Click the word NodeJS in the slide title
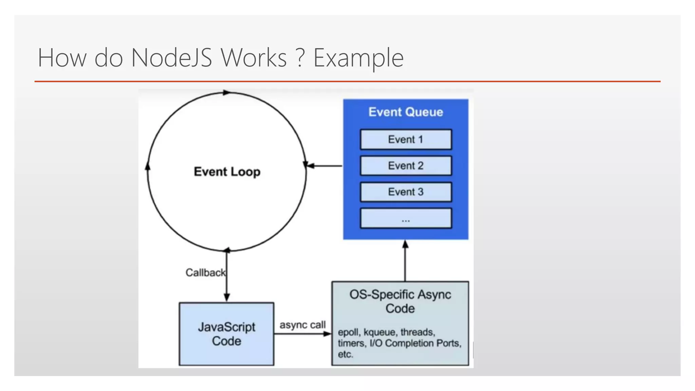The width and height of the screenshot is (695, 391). point(171,58)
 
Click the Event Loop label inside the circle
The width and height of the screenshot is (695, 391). point(227,172)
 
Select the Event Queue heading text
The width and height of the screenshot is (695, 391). point(406,112)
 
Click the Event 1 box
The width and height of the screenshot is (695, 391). point(406,139)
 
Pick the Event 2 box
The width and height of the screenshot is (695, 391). point(406,166)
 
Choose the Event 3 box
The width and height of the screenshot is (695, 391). point(406,192)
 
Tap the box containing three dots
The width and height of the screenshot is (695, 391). point(406,219)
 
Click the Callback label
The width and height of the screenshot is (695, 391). point(205,273)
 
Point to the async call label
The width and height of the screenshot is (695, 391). point(302,325)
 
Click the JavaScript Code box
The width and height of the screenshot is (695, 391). point(226,334)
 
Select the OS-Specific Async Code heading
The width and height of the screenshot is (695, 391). point(400,301)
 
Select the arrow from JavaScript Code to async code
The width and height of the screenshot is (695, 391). point(302,334)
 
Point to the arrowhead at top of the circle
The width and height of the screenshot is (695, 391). point(226,93)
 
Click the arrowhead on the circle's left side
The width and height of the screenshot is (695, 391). point(148,166)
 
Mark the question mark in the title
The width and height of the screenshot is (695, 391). point(300,58)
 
